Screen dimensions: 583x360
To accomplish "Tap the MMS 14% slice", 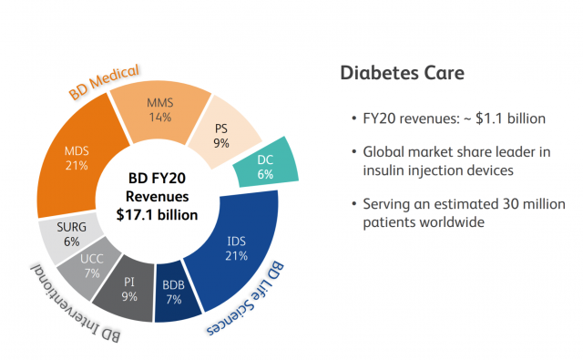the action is [160, 110].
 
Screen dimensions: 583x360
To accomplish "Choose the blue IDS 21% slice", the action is [238, 249].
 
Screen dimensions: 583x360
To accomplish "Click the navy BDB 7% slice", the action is [174, 293].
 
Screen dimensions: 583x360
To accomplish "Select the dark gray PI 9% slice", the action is [128, 289].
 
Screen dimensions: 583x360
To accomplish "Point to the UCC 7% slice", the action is [90, 266].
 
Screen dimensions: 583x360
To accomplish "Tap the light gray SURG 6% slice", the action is [71, 234].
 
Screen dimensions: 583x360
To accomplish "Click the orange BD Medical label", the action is [104, 81].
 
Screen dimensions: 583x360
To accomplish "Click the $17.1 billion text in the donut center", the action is [157, 215].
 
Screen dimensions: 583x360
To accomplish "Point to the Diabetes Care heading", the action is [403, 73].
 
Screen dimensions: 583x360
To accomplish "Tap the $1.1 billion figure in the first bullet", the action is [510, 118].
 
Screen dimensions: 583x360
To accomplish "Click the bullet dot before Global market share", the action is [354, 152].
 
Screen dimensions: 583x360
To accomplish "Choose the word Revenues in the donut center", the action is [157, 196].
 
